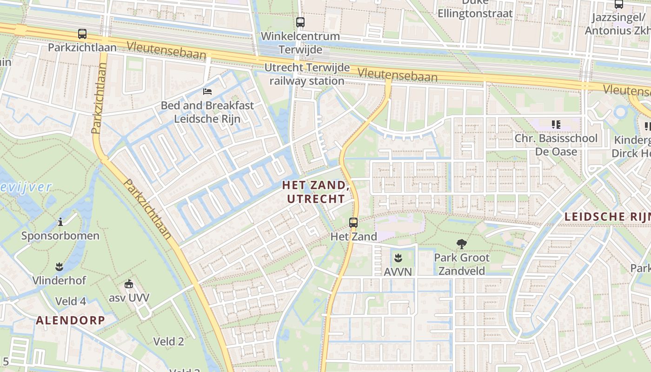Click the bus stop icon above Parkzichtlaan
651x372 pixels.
(82, 34)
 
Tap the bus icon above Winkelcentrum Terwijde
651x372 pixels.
(300, 22)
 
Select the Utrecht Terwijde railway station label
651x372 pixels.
(307, 74)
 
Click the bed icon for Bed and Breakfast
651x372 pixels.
(207, 91)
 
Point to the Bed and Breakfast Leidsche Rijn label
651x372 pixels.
(207, 112)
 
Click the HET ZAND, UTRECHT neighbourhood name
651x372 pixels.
(316, 192)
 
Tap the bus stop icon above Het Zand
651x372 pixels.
(353, 223)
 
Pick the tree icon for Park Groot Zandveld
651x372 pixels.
(462, 244)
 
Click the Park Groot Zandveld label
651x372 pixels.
(462, 264)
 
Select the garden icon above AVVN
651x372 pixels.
(398, 258)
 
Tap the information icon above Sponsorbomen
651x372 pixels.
(60, 222)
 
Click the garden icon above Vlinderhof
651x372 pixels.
(59, 266)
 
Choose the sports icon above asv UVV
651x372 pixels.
(129, 283)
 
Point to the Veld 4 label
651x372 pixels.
(71, 301)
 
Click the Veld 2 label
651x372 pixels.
(169, 342)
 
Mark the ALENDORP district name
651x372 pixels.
(70, 320)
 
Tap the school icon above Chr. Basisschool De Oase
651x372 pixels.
(556, 124)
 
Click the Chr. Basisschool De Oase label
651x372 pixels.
(556, 145)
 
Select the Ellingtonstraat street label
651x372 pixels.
(475, 13)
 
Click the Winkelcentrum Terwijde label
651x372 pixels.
(300, 42)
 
